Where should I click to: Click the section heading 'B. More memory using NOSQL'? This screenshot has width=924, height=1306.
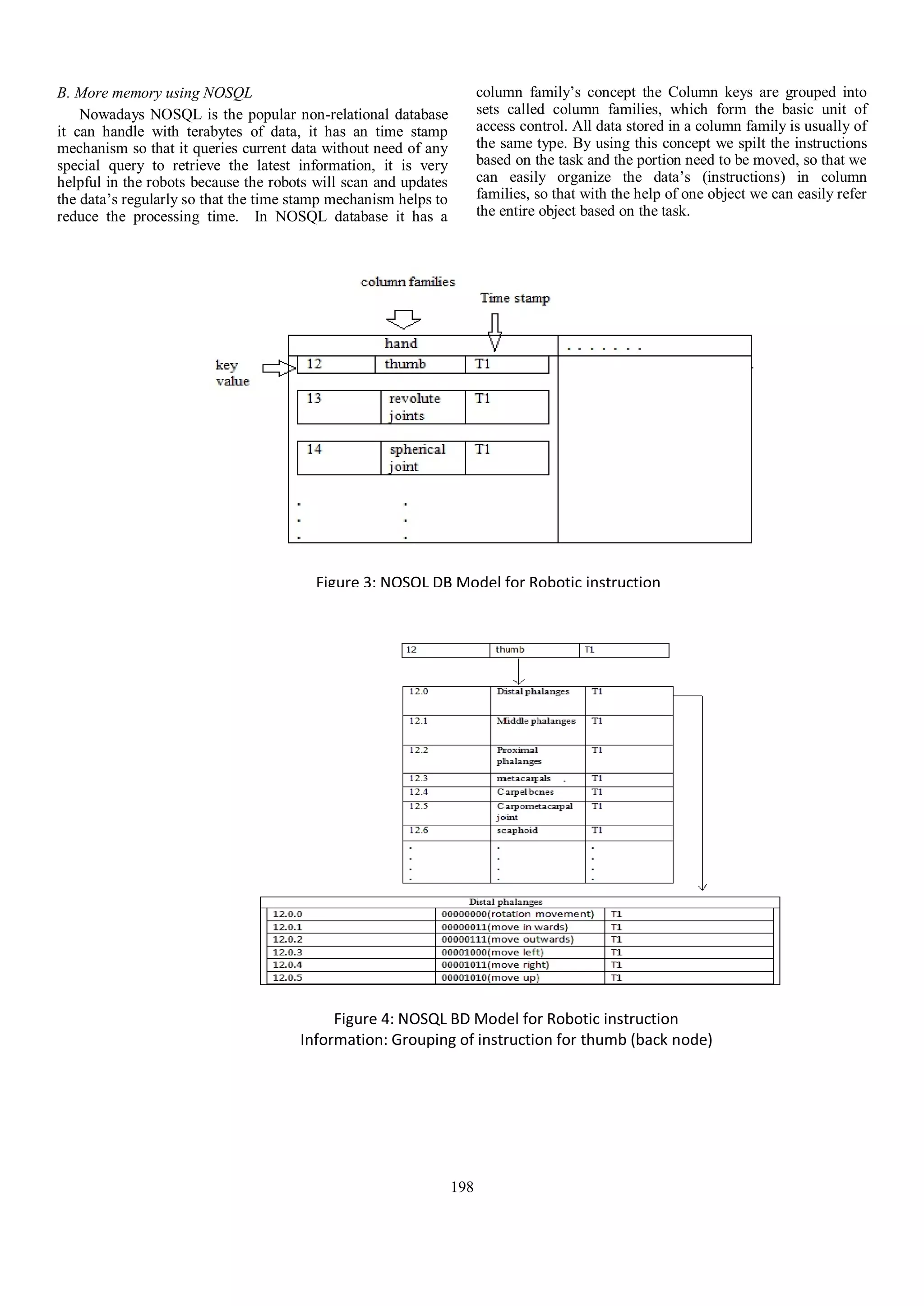(x=154, y=93)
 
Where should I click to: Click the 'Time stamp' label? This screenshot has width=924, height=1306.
(x=514, y=298)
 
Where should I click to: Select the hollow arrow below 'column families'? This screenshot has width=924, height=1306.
(x=403, y=320)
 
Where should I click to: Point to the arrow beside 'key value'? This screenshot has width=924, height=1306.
(x=279, y=368)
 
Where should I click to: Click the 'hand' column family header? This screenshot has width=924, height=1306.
(x=401, y=344)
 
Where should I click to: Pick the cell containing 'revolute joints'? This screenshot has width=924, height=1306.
(x=422, y=407)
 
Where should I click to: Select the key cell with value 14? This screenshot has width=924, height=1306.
(x=338, y=457)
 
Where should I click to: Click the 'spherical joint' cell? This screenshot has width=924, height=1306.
(x=422, y=457)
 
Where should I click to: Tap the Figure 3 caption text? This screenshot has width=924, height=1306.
(x=488, y=582)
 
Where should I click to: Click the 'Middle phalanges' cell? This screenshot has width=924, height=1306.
(x=536, y=729)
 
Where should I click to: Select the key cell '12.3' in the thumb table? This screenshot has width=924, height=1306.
(x=446, y=779)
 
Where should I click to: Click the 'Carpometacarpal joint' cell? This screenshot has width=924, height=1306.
(x=536, y=812)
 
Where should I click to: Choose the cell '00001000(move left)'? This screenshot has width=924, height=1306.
(x=519, y=952)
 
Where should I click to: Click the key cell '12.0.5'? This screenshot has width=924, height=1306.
(x=350, y=978)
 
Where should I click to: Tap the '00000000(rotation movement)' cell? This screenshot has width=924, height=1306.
(x=519, y=914)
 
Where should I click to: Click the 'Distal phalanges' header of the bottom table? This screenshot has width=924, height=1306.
(x=505, y=902)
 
